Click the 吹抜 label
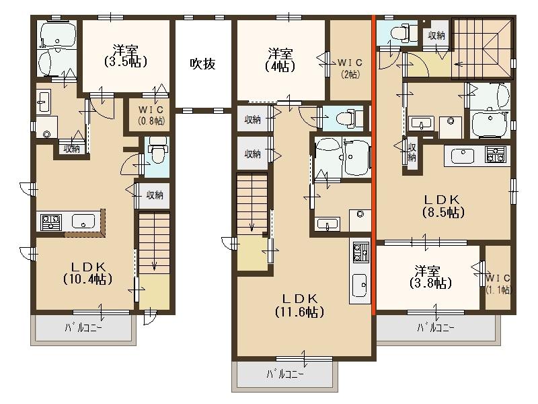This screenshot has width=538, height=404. coord(202,65)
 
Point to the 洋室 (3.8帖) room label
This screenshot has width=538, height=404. coord(428,277)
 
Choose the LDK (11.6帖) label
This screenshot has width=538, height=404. coord(299,305)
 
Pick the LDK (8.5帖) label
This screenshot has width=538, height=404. coord(440,205)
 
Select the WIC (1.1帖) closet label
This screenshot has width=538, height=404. coord(498,283)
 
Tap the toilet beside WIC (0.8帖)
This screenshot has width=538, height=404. coord(157,151)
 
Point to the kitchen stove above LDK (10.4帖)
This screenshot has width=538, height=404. coord(51,220)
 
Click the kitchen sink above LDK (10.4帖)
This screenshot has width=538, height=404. coord(83,220)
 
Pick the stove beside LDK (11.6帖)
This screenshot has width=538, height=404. coord(360,253)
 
